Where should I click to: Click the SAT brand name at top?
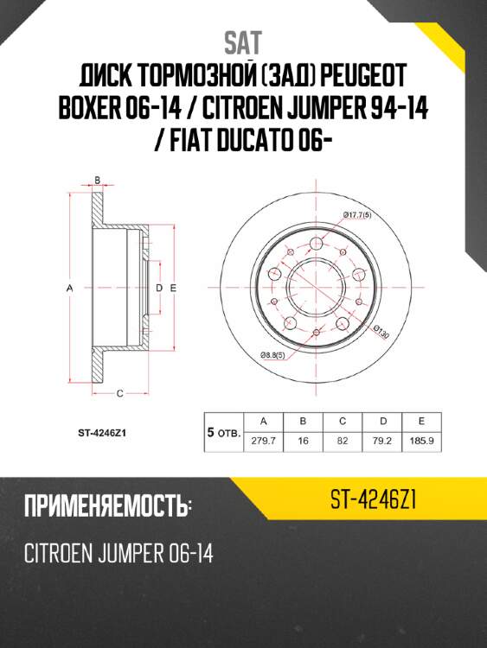(x=242, y=41)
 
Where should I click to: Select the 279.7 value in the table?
(x=264, y=440)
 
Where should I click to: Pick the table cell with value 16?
(x=304, y=440)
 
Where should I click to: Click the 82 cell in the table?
(x=343, y=440)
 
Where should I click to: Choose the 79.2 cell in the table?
(x=381, y=440)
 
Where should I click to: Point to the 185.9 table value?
(x=421, y=440)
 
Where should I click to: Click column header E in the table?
(x=421, y=421)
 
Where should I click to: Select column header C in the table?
(x=343, y=421)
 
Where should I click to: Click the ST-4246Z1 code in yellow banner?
(x=375, y=499)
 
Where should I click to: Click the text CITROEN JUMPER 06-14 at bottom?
(x=116, y=553)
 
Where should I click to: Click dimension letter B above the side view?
(x=98, y=181)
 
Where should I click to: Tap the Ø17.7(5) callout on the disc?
(x=356, y=213)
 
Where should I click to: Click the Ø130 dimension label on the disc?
(x=381, y=330)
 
